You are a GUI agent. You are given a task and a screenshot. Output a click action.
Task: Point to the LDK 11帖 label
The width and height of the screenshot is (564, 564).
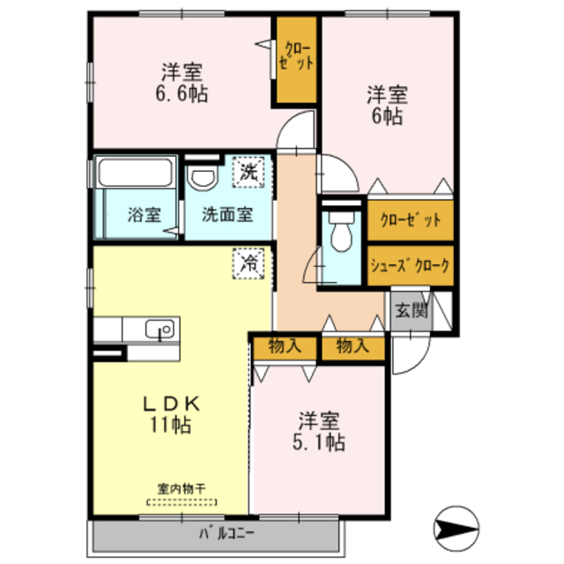(174, 412)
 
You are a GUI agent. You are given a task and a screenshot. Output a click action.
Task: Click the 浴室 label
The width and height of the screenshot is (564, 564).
(143, 213)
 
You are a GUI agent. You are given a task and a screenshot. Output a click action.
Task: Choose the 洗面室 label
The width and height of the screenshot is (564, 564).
(226, 213)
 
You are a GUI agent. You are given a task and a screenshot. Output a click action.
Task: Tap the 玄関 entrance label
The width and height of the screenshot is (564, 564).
(411, 310)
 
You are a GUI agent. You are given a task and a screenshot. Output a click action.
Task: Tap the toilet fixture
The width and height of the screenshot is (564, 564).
(340, 235)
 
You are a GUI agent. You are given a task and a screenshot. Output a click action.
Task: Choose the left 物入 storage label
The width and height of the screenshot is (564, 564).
(284, 346)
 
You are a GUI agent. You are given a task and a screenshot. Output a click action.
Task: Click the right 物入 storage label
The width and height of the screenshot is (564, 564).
(352, 346)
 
